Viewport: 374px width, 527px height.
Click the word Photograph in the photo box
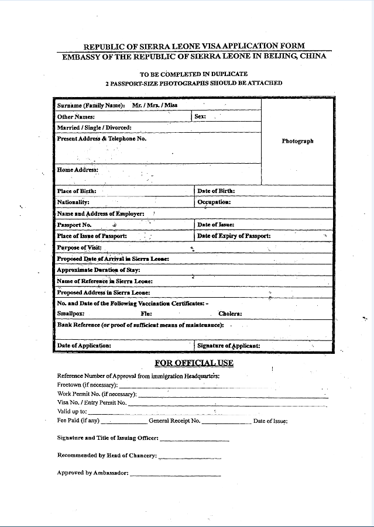pyautogui.click(x=297, y=141)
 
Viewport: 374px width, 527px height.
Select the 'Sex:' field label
pyautogui.click(x=200, y=116)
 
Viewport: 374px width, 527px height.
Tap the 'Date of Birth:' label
pyautogui.click(x=216, y=191)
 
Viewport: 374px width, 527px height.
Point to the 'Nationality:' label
pyautogui.click(x=73, y=202)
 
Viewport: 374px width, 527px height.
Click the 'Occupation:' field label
pyautogui.click(x=214, y=202)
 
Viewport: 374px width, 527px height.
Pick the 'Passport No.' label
pyautogui.click(x=74, y=225)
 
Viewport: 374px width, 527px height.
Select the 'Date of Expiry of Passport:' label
pyautogui.click(x=234, y=236)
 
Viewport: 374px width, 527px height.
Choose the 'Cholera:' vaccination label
pyautogui.click(x=230, y=314)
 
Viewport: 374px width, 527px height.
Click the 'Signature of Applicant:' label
pyautogui.click(x=229, y=346)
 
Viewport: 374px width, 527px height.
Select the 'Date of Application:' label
pyautogui.click(x=84, y=346)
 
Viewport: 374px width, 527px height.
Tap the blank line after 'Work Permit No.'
pyautogui.click(x=232, y=395)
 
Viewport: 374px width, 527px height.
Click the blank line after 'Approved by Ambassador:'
pyautogui.click(x=175, y=474)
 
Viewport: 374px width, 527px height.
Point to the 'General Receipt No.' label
pyautogui.click(x=174, y=421)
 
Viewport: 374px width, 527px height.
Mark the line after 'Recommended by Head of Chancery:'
pyautogui.click(x=181, y=457)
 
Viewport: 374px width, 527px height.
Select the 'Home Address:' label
pyautogui.click(x=78, y=170)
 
